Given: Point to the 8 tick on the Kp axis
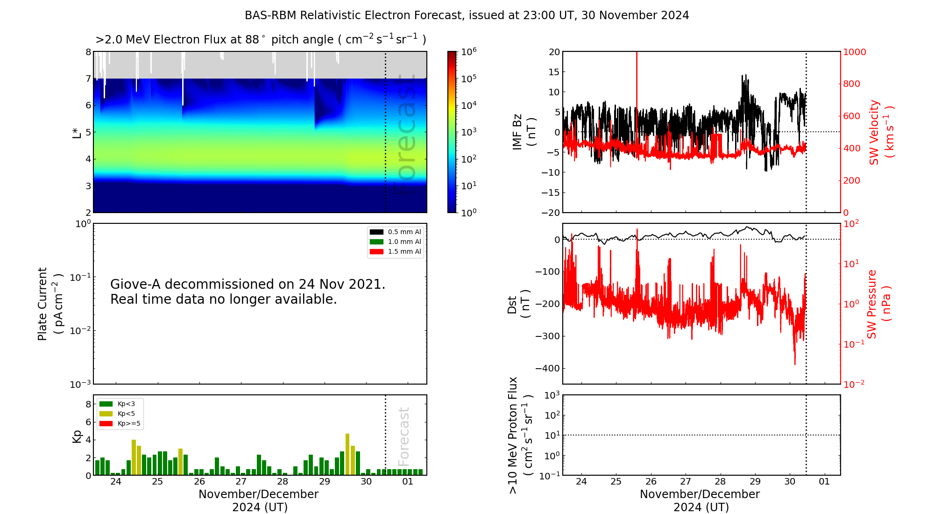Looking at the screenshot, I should click(x=88, y=404).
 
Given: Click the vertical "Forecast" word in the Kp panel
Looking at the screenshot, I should click(x=403, y=436).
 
